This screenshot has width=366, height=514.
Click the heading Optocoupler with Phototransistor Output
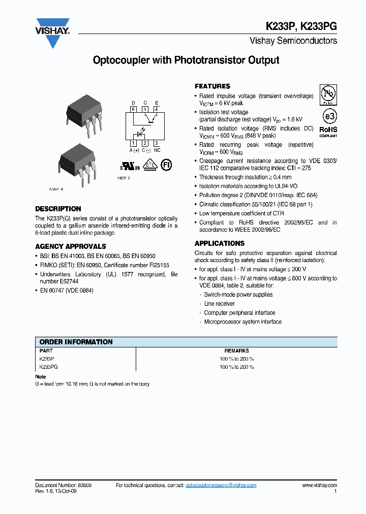[186, 60]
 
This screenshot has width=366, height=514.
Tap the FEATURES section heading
[212, 86]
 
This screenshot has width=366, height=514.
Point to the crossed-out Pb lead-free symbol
[328, 94]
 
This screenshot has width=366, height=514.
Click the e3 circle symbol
[329, 116]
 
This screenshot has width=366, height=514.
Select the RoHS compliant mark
[328, 132]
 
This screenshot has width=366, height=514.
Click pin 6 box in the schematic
[133, 109]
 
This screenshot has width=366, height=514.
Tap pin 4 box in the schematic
[157, 109]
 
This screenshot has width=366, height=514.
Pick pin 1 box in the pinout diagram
[133, 144]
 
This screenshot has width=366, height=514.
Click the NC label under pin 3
[157, 151]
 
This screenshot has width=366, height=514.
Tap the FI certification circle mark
[166, 165]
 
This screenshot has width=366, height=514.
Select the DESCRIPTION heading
[58, 209]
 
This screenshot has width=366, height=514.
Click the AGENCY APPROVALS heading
[71, 246]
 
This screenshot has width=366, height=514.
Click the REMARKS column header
[236, 350]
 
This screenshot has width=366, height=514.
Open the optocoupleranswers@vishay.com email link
[221, 486]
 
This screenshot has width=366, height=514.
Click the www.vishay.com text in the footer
[319, 486]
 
